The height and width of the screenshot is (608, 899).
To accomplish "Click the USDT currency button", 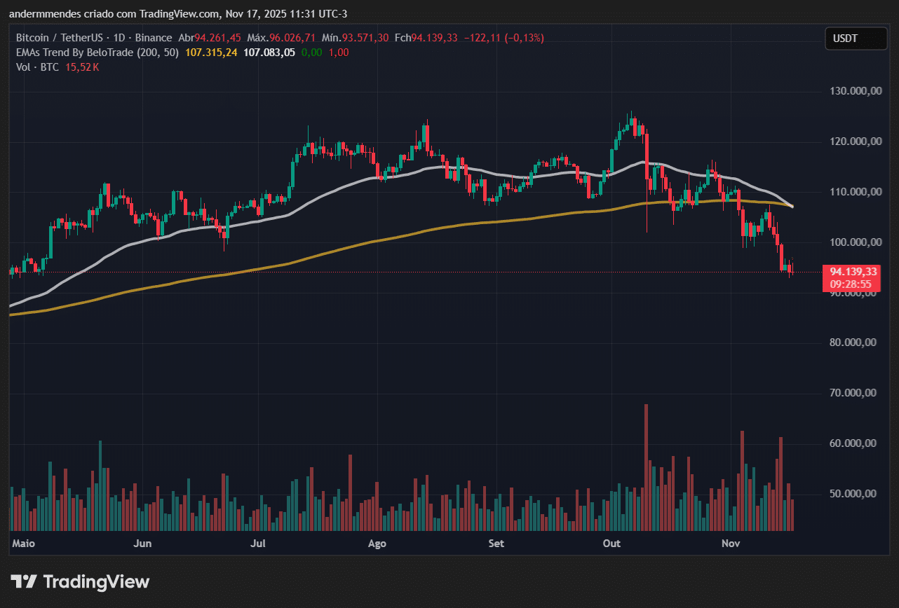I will coord(845,39).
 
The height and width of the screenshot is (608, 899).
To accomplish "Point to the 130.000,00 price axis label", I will coord(853,91).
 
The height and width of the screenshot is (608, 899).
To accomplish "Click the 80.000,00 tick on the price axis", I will coord(853,343).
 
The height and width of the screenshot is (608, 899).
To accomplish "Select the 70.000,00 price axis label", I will coord(853,393).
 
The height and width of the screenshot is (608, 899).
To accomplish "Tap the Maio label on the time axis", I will coord(24,544).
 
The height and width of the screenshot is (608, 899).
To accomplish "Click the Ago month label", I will coord(377,544).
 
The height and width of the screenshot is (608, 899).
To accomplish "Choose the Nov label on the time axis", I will coord(731,544).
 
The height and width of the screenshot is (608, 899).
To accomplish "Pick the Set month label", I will coord(496,544).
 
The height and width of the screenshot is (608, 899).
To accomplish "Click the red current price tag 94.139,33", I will coord(853,272).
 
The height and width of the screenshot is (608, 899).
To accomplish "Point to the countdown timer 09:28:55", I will coord(851,284).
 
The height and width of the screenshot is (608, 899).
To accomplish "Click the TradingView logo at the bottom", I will coord(80,581).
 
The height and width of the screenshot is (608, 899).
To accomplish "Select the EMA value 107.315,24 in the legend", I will coord(212,52).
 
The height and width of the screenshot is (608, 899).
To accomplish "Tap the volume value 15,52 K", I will coord(83,67).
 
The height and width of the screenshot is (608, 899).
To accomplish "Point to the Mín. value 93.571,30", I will coord(365,37).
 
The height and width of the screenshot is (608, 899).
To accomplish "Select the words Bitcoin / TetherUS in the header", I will coord(59,37).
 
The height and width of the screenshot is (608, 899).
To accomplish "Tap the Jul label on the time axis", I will coord(259,544).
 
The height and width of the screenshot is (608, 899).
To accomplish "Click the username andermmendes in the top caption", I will coord(42,14).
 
